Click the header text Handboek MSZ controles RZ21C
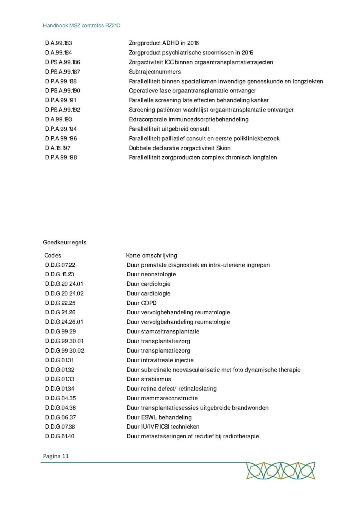click(x=82, y=25)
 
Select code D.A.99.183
click(x=58, y=43)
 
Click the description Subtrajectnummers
click(x=155, y=72)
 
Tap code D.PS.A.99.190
click(x=63, y=91)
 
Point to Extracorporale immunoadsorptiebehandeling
click(x=188, y=120)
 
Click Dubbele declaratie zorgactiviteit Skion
click(x=180, y=148)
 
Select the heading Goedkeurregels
click(x=65, y=242)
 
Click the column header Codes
click(x=53, y=255)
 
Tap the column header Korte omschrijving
click(x=152, y=255)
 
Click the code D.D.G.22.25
click(x=60, y=303)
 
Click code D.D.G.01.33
click(x=60, y=379)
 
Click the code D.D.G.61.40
click(x=60, y=436)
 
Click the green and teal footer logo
click(x=280, y=471)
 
